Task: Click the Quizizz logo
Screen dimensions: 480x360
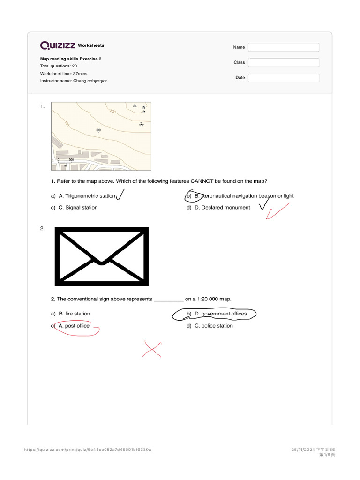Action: (58, 45)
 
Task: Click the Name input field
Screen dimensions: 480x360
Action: (283, 47)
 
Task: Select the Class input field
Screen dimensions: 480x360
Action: (283, 62)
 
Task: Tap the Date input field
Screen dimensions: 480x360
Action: (283, 78)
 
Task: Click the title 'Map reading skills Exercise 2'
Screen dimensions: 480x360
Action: (71, 59)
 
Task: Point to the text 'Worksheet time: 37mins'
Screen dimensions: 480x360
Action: (64, 74)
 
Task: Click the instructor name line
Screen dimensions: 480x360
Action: (74, 81)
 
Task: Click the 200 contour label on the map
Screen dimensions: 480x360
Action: (112, 112)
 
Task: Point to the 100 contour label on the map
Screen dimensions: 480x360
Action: (67, 124)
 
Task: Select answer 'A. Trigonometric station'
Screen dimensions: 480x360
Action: (87, 196)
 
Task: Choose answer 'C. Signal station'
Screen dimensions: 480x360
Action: (78, 208)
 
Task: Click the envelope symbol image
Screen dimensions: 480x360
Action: (102, 256)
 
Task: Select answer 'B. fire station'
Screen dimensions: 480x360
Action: (74, 314)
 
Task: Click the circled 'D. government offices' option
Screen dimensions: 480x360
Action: (220, 314)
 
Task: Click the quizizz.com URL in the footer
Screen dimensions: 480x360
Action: (88, 450)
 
